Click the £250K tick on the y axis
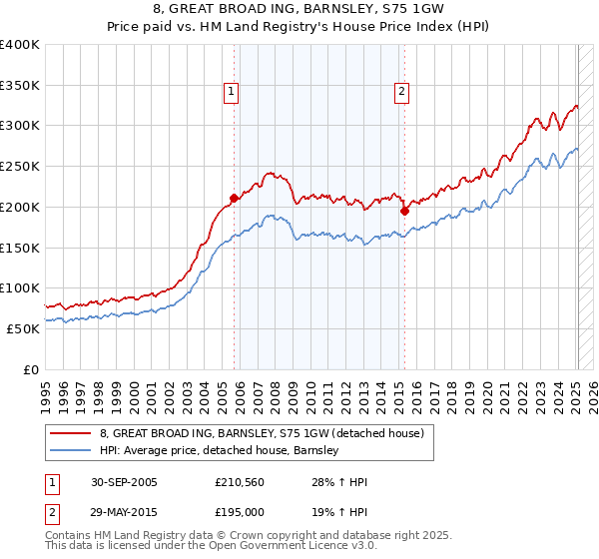click(x=20, y=167)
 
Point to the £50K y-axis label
click(x=22, y=328)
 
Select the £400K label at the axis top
click(x=20, y=45)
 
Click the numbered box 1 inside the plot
click(x=231, y=92)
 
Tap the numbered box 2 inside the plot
click(x=401, y=92)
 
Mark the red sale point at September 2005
click(x=235, y=198)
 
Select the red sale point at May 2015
click(x=405, y=211)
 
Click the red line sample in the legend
click(x=73, y=433)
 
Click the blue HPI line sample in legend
click(x=73, y=450)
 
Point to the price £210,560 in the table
click(x=238, y=482)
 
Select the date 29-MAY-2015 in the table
click(x=125, y=512)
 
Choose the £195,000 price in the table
click(x=238, y=512)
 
